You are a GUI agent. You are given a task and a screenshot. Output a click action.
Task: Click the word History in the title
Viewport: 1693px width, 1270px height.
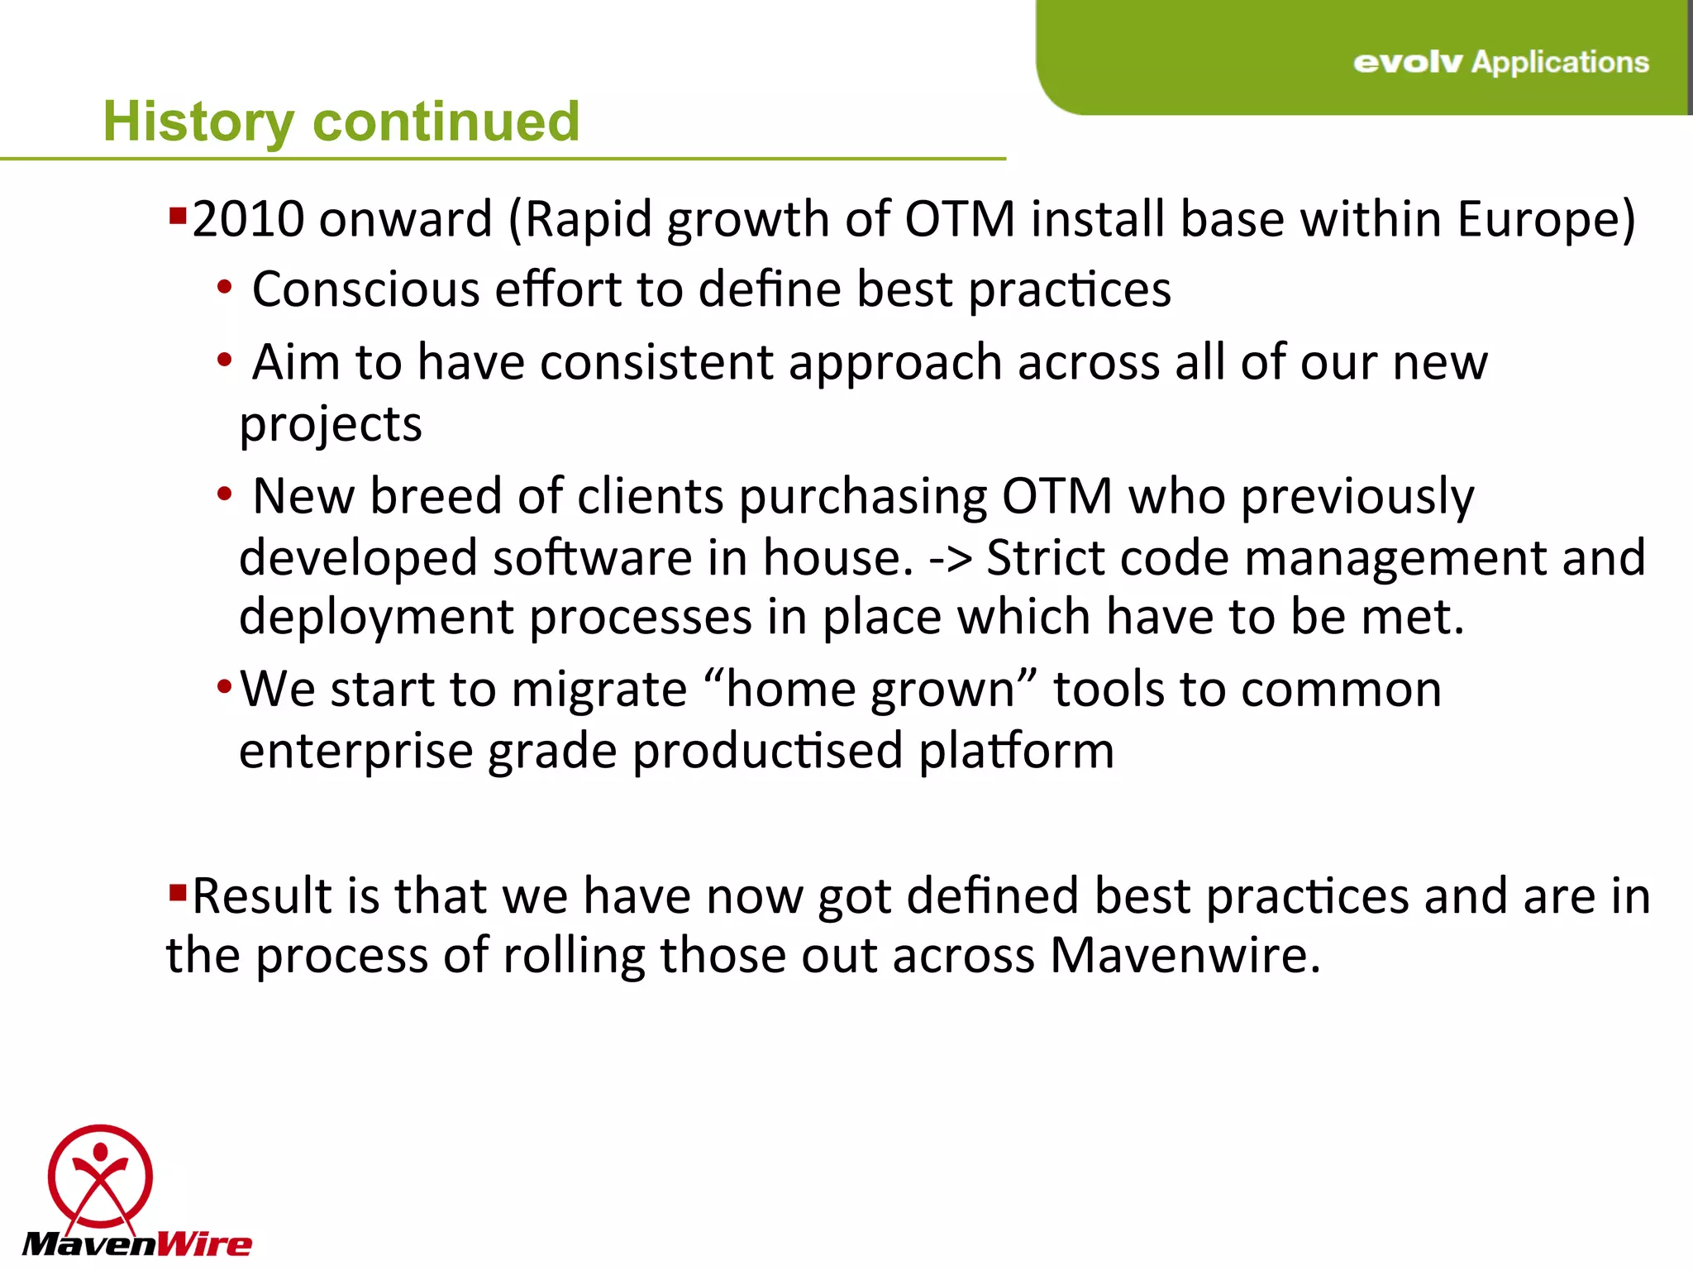coord(198,122)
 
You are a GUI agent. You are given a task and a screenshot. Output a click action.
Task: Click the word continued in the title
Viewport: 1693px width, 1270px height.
coord(446,122)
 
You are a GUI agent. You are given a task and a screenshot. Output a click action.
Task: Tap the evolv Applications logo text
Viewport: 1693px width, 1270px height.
coord(1500,62)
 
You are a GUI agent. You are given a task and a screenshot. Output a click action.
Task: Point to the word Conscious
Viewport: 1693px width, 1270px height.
coord(365,289)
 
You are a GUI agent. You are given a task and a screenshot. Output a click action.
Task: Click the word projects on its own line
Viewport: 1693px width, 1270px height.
coord(331,425)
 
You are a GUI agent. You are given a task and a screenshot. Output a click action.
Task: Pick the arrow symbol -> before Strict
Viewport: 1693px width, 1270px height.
coord(951,558)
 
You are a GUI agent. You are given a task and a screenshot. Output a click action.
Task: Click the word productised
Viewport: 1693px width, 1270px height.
coord(767,751)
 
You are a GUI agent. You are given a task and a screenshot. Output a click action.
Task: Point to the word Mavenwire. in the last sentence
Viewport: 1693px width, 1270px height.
coord(1185,956)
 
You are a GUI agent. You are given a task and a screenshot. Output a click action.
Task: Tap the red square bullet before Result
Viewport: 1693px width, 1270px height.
coord(177,893)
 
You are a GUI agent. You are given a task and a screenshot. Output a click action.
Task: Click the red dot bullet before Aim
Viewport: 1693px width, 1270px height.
coord(224,360)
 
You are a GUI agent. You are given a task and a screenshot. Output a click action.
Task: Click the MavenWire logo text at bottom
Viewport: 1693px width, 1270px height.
coord(136,1244)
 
